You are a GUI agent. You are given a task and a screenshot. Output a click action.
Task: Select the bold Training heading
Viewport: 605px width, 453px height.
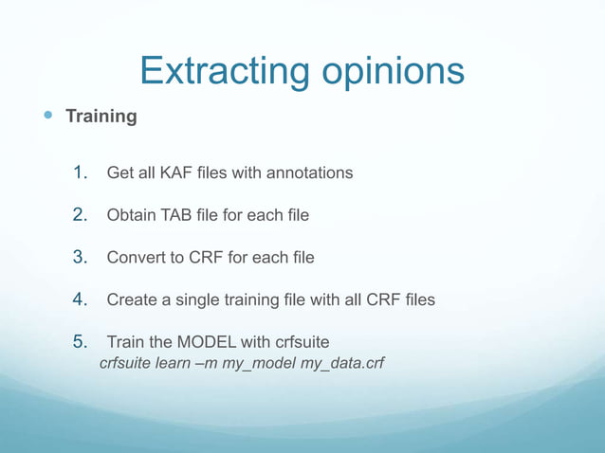point(101,117)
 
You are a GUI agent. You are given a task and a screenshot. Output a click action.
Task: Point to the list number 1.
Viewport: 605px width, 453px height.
point(81,172)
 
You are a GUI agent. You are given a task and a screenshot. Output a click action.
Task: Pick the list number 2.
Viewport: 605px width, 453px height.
point(81,215)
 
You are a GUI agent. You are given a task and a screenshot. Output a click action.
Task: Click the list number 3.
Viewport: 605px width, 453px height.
point(81,257)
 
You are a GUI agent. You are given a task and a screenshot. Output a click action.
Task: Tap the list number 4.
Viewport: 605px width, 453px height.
point(81,299)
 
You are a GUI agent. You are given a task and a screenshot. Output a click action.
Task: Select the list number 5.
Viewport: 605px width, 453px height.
point(81,341)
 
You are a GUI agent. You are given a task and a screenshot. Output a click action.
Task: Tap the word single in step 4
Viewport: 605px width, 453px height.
point(207,299)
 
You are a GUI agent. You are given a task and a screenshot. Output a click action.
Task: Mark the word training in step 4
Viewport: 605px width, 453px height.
point(264,299)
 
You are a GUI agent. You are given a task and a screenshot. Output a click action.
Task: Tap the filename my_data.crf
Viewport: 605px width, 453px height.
point(342,362)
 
